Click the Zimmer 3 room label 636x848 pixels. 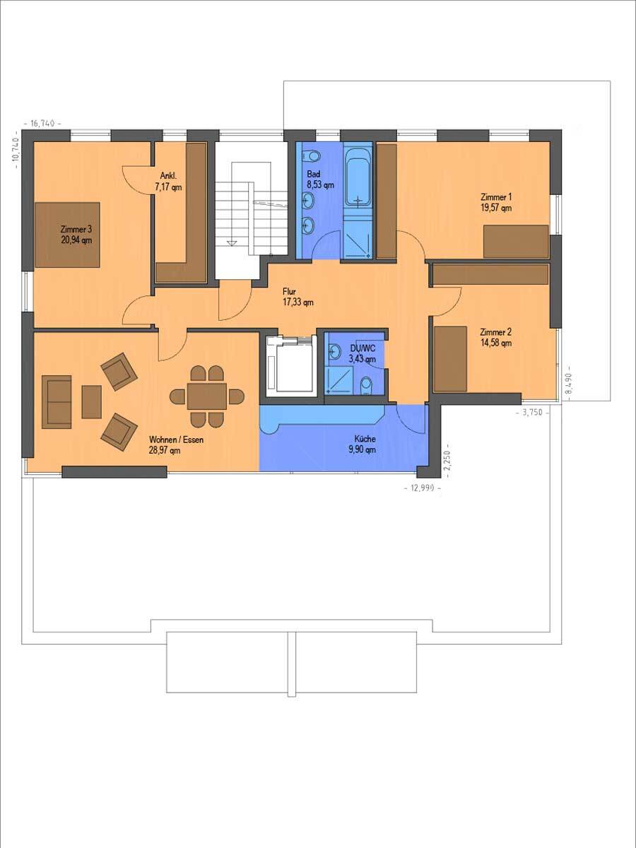pyautogui.click(x=76, y=229)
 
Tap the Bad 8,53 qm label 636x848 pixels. pyautogui.click(x=320, y=179)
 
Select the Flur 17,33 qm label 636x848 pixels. pyautogui.click(x=298, y=297)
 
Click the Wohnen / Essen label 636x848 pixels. pyautogui.click(x=177, y=440)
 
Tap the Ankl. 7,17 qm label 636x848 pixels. pyautogui.click(x=167, y=182)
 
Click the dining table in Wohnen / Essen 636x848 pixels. pyautogui.click(x=207, y=396)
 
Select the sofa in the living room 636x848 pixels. pyautogui.click(x=57, y=402)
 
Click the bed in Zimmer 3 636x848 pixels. pyautogui.click(x=68, y=235)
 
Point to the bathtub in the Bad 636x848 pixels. pyautogui.click(x=358, y=179)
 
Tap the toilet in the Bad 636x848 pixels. pyautogui.click(x=312, y=156)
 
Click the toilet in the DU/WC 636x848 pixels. pyautogui.click(x=365, y=386)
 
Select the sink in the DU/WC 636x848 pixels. pyautogui.click(x=335, y=351)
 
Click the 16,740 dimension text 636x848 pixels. pyautogui.click(x=43, y=124)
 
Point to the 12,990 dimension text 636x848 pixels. pyautogui.click(x=423, y=488)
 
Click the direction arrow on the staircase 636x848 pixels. pyautogui.click(x=232, y=243)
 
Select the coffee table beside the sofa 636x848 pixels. pyautogui.click(x=92, y=402)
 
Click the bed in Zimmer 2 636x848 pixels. pyautogui.click(x=451, y=359)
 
